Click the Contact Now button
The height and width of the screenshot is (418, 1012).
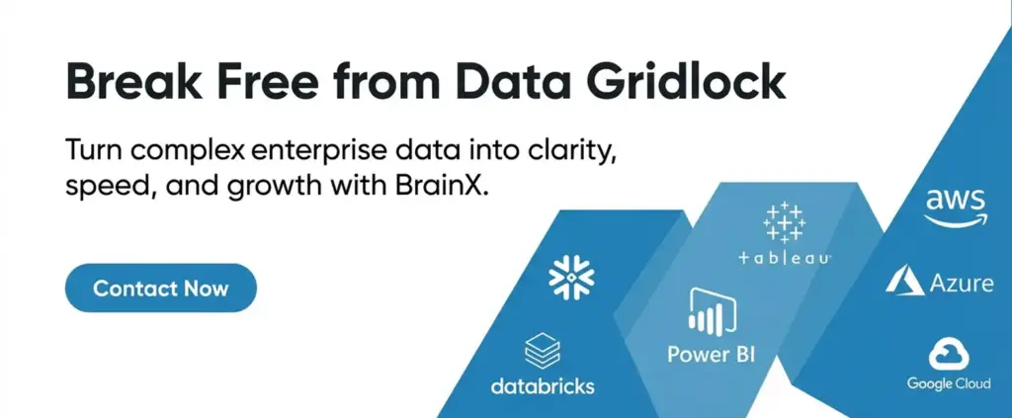tap(161, 288)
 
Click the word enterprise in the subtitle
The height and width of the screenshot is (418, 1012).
tap(313, 152)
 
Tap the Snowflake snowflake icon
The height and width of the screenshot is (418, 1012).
tap(571, 278)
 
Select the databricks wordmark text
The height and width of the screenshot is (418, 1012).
tap(543, 385)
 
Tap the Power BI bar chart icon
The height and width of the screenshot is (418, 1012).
tap(713, 311)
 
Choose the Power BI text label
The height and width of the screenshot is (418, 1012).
tap(712, 354)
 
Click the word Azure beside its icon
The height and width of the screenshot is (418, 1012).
tap(962, 284)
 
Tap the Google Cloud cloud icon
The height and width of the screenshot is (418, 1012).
tap(949, 356)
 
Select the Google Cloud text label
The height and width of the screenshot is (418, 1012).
tap(949, 383)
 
